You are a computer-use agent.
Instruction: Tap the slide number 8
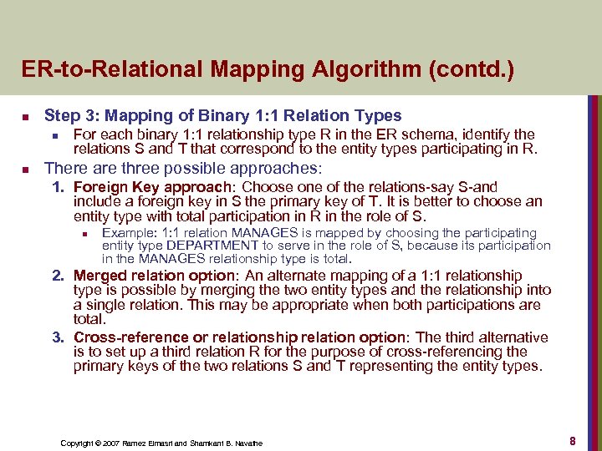tap(573, 439)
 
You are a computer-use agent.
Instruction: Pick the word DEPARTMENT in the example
tap(213, 246)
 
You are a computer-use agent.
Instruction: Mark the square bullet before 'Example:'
tap(85, 234)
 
